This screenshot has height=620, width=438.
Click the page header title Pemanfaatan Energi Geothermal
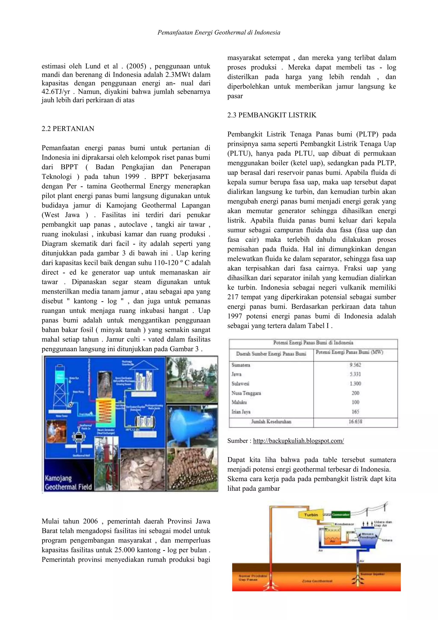coord(219,33)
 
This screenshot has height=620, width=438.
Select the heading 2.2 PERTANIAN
coord(68,129)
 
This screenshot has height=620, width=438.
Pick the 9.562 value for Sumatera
coord(355,365)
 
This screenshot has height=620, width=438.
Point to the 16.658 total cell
coord(355,422)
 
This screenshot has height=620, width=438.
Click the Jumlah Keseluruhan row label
coord(271,422)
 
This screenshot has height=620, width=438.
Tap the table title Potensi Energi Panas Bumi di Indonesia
coord(313,343)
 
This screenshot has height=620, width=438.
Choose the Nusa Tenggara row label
coord(246,393)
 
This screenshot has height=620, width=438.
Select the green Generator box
coord(340,515)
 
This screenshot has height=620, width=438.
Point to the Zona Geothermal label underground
coord(317,581)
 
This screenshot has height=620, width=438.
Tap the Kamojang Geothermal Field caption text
coord(68,483)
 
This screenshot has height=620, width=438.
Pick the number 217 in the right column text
coord(233,297)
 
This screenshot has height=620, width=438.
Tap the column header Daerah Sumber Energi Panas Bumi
coord(271,354)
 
